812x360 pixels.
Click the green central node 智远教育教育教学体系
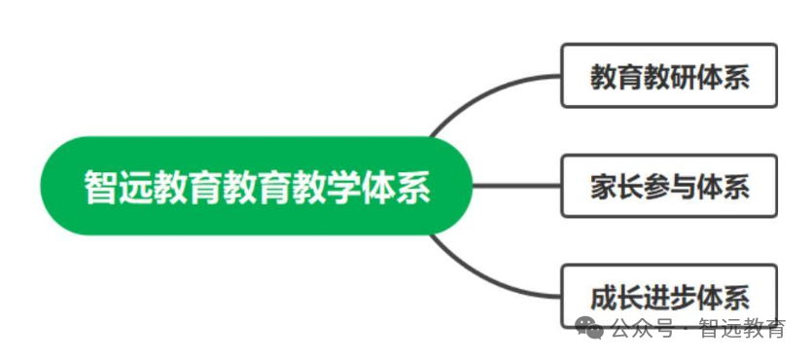(257, 186)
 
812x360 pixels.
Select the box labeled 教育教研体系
(669, 76)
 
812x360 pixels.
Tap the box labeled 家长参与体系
(669, 186)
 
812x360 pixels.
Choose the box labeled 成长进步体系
(669, 296)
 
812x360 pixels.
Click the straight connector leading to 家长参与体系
(516, 186)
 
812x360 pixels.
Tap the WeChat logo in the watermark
(589, 327)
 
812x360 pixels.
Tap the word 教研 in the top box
(669, 77)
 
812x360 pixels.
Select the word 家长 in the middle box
(617, 187)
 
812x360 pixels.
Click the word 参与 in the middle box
(669, 187)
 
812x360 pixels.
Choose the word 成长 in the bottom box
(617, 298)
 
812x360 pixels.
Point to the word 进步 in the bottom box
(669, 298)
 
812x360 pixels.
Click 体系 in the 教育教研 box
(723, 77)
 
